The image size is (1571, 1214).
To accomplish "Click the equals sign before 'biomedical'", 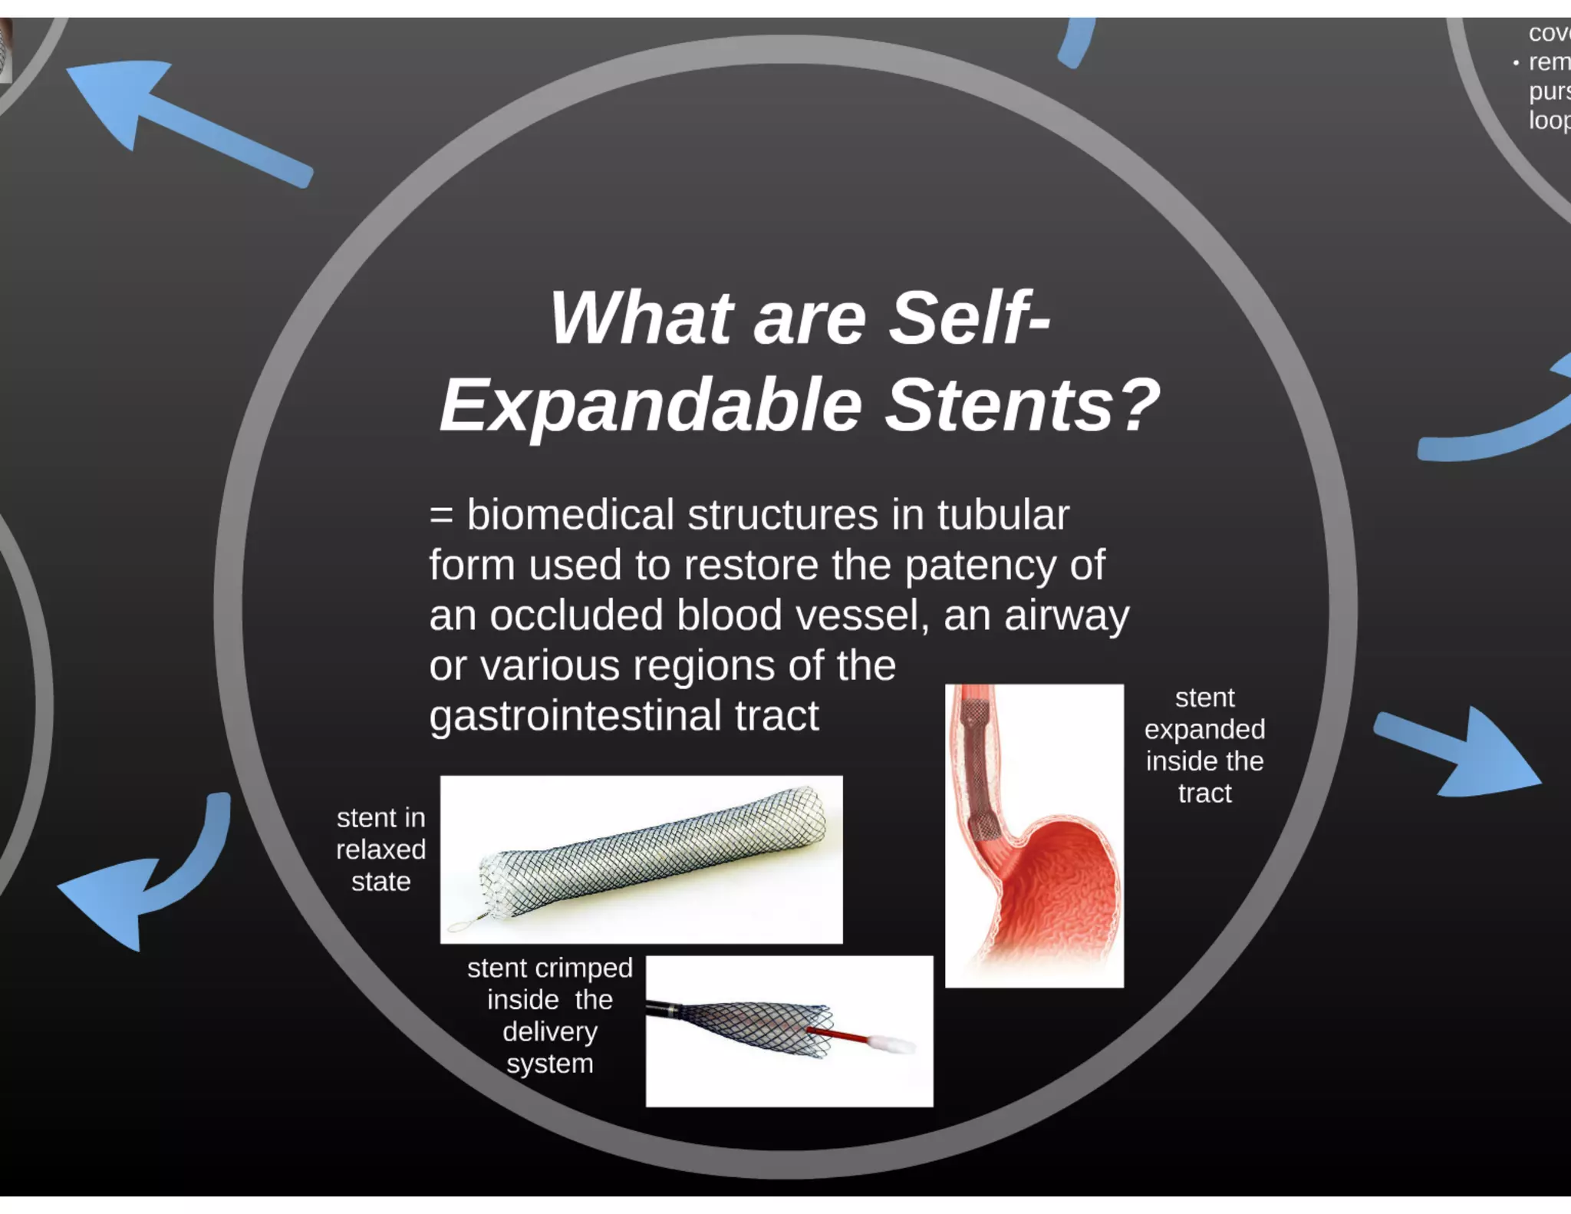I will coord(441,514).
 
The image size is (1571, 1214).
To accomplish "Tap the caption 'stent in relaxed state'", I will coord(380,849).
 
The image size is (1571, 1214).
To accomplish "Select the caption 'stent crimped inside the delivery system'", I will coord(549,1015).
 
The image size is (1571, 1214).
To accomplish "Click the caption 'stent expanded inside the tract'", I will coord(1204,745).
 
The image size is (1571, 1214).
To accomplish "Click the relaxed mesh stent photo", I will coord(652,852).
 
